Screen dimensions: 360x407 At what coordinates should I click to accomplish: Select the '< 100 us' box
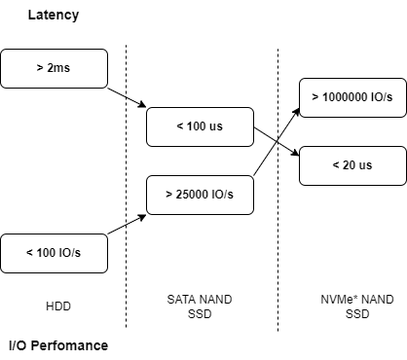pos(199,126)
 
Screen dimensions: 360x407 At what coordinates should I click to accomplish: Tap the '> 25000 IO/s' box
pos(199,195)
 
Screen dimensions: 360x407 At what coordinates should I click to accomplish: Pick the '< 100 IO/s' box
pos(54,253)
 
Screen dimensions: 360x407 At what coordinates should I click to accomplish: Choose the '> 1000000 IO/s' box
pos(351,97)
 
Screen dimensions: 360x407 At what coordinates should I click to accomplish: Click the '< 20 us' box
pos(351,165)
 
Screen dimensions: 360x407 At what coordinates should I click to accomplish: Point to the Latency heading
pos(54,16)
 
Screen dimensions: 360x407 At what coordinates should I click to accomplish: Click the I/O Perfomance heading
pos(58,345)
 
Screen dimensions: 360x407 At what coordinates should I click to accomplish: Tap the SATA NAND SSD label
pos(200,306)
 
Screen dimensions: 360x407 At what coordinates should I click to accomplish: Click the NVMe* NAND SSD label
pos(356,306)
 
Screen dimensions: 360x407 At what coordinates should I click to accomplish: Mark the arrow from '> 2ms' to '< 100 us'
pos(127,97)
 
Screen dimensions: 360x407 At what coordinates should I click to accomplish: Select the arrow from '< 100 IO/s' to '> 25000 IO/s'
pos(127,223)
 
